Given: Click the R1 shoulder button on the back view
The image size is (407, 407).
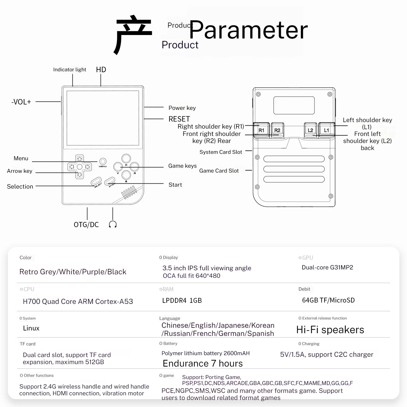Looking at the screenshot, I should click(261, 130).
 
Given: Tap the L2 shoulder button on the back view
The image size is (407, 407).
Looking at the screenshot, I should click(310, 130).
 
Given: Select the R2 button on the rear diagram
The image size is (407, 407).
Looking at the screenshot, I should click(277, 130).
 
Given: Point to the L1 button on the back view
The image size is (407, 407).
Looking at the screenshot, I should click(326, 130).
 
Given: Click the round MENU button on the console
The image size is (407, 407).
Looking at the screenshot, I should click(103, 161).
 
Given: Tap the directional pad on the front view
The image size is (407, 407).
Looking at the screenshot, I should click(80, 167).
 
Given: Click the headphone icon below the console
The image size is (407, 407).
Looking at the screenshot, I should click(113, 224).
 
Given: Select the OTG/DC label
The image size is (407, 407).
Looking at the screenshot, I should click(86, 225).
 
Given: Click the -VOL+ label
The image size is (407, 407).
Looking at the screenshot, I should click(21, 102).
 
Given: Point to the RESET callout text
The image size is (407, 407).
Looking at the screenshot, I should click(179, 119).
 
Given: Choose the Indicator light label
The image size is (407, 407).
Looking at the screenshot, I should click(69, 70).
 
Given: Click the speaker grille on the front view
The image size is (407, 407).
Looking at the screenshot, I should click(129, 192).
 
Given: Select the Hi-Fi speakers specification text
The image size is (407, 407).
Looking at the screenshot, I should click(330, 330).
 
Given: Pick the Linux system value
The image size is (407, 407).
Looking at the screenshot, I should click(31, 328).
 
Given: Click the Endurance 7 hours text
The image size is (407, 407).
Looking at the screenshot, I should click(203, 363).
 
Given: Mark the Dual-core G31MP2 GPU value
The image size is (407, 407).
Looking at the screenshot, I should click(327, 268).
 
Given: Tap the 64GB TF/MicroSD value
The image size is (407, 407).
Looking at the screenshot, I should click(328, 300).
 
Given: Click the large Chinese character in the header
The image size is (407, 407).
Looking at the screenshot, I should click(133, 34).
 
